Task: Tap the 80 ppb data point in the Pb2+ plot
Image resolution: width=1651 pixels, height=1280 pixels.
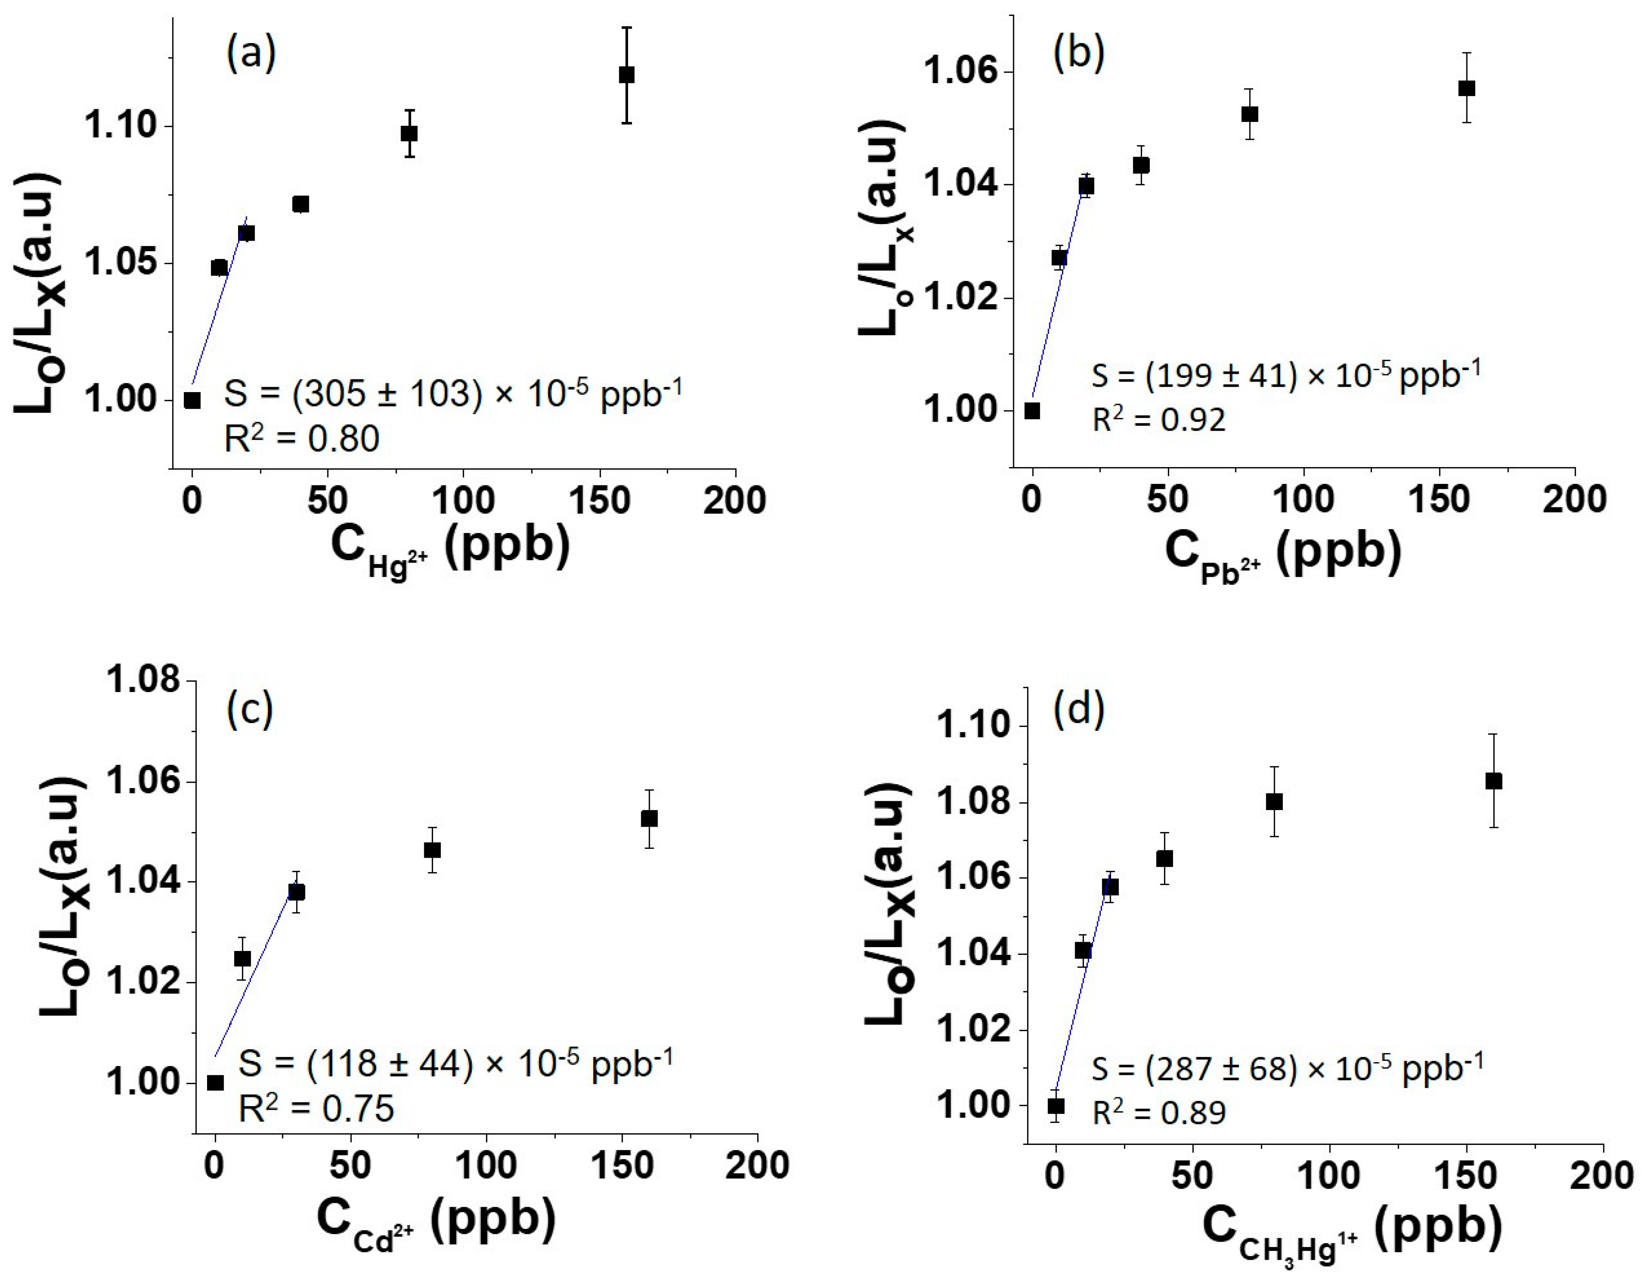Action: (x=1250, y=114)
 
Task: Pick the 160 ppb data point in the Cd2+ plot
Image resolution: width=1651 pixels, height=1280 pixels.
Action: (x=649, y=819)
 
